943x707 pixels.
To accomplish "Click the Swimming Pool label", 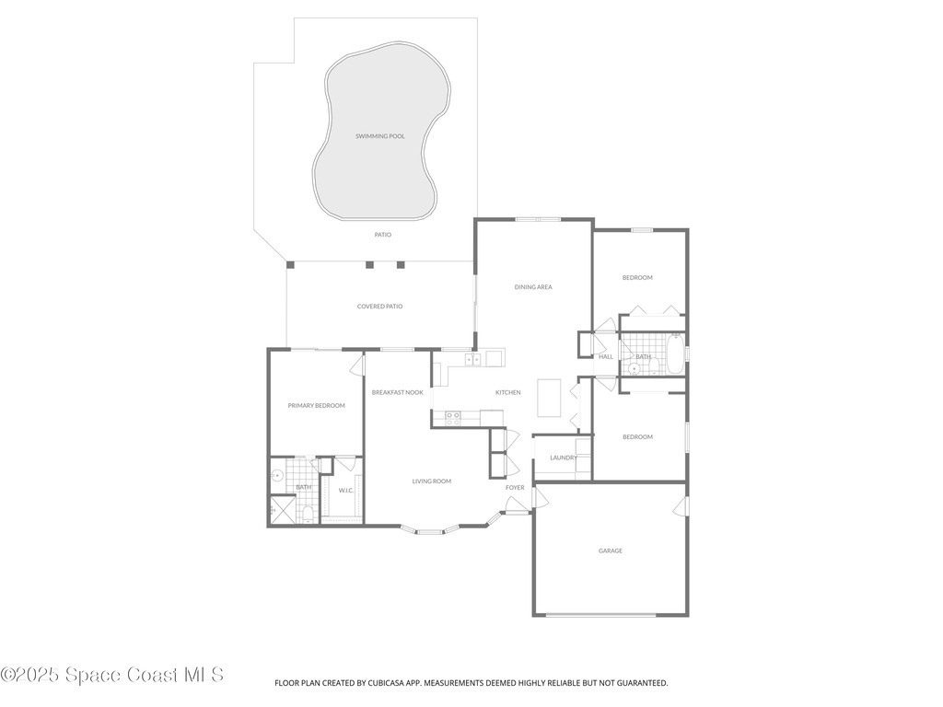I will coord(380,136).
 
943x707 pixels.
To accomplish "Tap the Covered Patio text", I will coord(379,307).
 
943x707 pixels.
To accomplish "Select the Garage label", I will coord(611,551).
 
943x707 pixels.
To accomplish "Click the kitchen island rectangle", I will coord(550,398).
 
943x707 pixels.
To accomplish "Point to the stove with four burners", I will coord(453,416).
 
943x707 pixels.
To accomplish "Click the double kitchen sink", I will coord(471,359).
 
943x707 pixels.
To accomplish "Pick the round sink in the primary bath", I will coord(277,476).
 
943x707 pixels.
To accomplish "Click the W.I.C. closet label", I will coord(346,490).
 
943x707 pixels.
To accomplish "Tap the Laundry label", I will coord(563,458).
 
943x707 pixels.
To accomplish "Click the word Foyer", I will coord(515,488).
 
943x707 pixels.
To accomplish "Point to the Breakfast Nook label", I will coord(398,392).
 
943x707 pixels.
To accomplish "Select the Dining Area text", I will coord(533,287).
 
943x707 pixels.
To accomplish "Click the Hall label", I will coord(606,356).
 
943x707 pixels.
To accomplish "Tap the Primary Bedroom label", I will coord(316,405).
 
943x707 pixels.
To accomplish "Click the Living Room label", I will coord(431,481).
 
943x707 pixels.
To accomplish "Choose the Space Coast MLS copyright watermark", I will coord(112,675).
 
